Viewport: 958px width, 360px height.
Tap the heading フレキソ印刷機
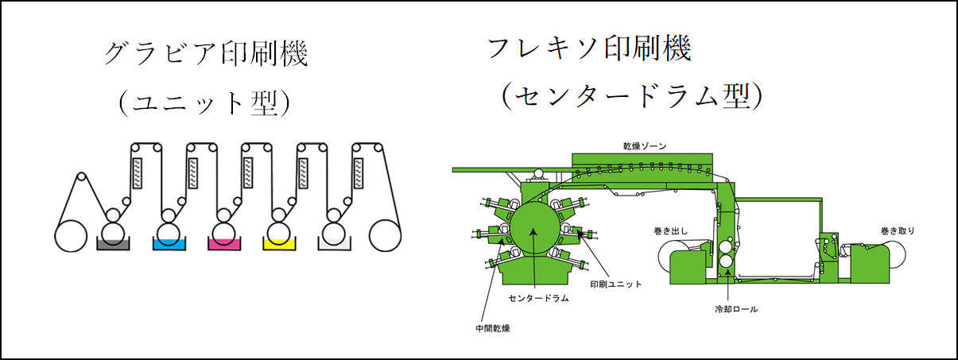coord(589,49)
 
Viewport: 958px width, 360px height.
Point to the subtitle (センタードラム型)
coord(632,97)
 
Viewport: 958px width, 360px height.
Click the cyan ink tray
coord(169,243)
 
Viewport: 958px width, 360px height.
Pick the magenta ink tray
coord(225,243)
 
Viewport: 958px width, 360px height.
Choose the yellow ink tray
coord(280,243)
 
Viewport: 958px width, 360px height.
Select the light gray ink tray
coord(335,243)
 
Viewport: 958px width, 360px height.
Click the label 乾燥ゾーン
coord(645,147)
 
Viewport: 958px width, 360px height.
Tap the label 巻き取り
coord(898,231)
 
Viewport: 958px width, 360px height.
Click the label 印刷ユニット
coord(615,283)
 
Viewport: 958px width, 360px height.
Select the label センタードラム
coord(537,300)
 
